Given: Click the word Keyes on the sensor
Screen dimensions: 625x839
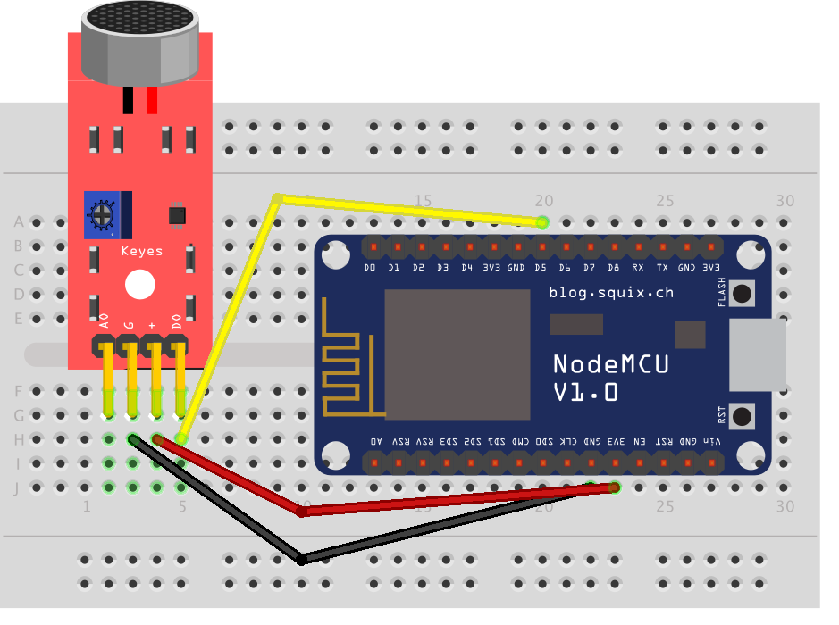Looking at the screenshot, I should click(142, 252).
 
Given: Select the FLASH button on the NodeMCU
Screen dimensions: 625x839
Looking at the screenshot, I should click(742, 292).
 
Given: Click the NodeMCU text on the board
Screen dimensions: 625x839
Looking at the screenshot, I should click(611, 364).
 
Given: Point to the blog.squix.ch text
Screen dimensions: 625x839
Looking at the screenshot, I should click(611, 292).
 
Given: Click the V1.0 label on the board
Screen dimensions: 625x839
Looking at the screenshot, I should click(585, 393).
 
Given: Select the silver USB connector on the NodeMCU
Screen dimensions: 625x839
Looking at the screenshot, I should click(758, 354).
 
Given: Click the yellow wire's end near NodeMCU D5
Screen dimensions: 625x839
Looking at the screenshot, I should click(541, 221).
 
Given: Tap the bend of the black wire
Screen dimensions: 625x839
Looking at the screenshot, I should click(302, 559).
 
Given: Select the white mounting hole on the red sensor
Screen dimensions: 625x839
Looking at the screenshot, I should click(139, 285).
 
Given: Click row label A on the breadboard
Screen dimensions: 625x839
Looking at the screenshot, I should click(19, 221).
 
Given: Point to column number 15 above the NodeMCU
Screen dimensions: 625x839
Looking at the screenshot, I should click(423, 201).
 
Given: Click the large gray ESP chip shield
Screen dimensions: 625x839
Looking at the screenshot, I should click(457, 354).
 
